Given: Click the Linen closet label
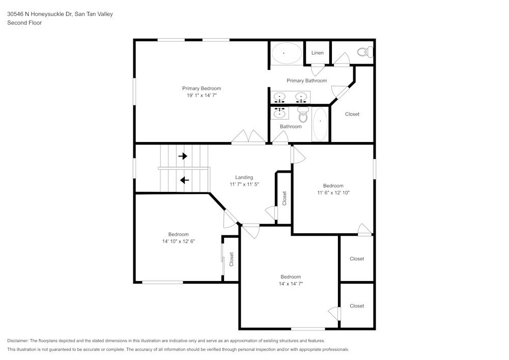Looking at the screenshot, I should click(x=317, y=53).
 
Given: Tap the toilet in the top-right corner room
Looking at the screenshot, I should click(x=365, y=52).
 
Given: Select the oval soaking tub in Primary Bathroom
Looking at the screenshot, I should click(x=286, y=53).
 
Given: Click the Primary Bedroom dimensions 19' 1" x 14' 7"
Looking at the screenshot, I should click(x=202, y=95).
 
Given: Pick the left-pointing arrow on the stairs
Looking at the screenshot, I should click(x=184, y=180).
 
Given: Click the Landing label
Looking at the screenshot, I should click(x=244, y=177).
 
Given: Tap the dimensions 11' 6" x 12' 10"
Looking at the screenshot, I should click(x=333, y=192).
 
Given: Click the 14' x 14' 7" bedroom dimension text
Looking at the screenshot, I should click(x=291, y=284).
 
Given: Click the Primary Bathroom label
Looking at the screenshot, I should click(x=306, y=80).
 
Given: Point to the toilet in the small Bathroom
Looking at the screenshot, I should click(x=303, y=115).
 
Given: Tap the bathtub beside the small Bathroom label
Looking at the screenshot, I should click(x=320, y=124).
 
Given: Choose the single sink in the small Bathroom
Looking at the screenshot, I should click(x=279, y=113).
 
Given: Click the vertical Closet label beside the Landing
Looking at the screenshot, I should click(x=285, y=198).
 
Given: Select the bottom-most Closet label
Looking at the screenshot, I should click(x=357, y=306).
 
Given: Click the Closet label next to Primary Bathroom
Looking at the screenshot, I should click(x=352, y=114).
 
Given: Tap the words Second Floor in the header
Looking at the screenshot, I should click(x=24, y=23).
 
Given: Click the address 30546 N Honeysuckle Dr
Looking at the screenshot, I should click(x=40, y=14).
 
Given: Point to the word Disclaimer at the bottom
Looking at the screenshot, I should click(x=18, y=340).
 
